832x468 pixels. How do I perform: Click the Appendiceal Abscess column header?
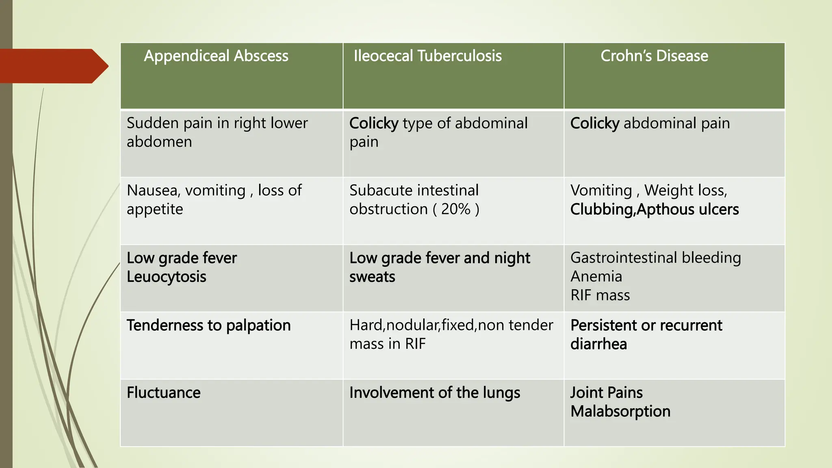(x=216, y=56)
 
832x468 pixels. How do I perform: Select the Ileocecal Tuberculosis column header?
(x=427, y=56)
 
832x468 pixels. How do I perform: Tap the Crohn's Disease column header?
(x=654, y=56)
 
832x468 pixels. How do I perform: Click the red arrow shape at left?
(x=53, y=66)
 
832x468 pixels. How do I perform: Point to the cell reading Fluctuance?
(x=163, y=393)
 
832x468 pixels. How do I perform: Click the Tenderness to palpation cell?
(x=208, y=325)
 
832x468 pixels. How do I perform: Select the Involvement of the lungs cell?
(x=434, y=393)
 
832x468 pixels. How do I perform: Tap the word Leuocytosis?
(x=166, y=277)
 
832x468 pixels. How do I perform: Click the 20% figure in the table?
(x=455, y=209)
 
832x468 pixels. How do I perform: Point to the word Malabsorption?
(x=620, y=412)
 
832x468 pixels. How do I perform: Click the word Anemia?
(x=596, y=277)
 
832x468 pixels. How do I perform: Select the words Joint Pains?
(x=606, y=393)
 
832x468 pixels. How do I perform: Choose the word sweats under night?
(x=372, y=277)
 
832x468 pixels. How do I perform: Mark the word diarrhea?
(x=598, y=344)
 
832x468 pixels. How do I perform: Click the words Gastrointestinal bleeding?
(x=655, y=258)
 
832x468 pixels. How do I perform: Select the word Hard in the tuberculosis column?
(x=366, y=325)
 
